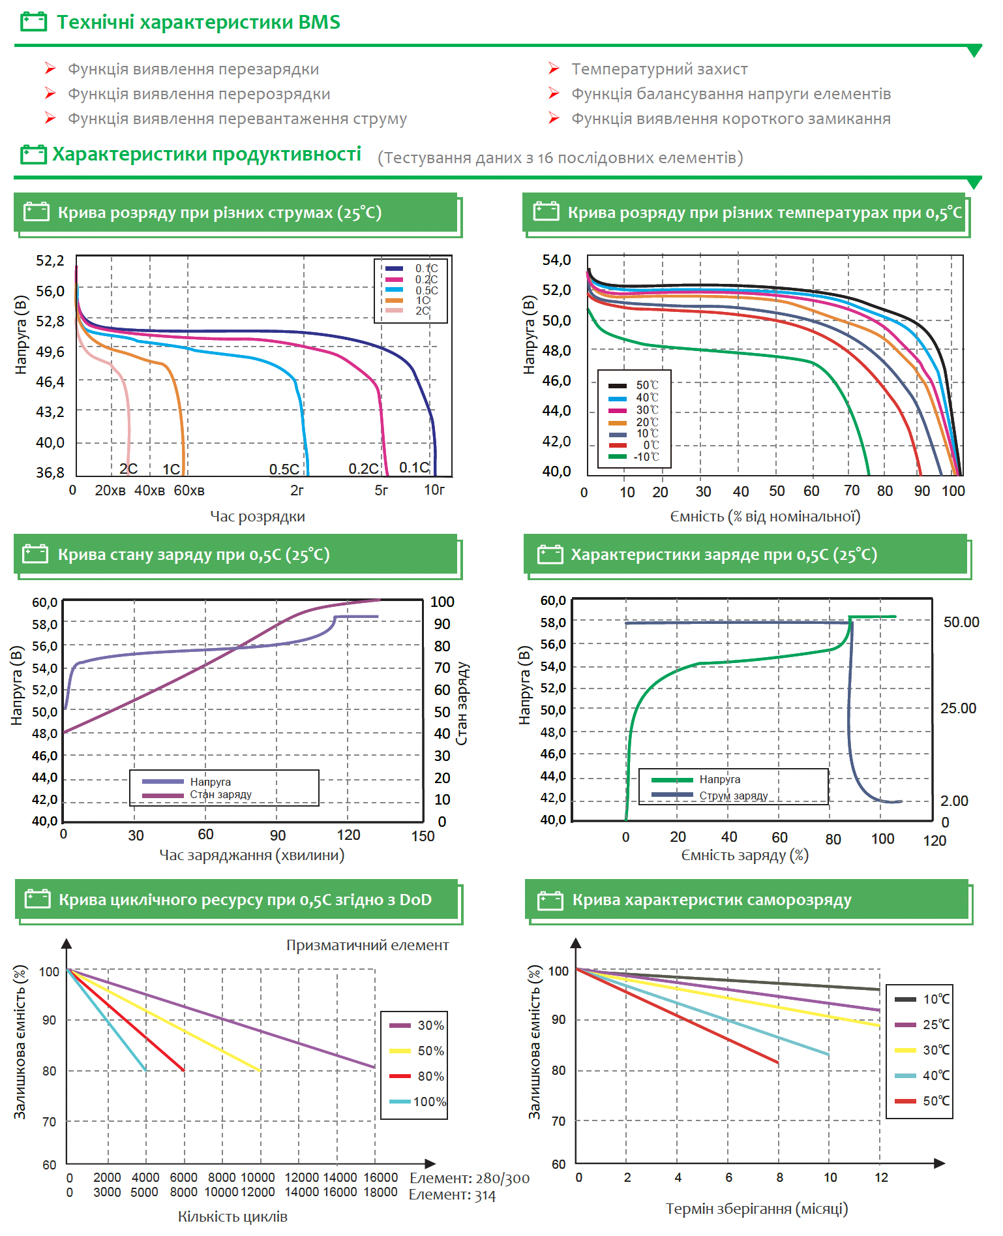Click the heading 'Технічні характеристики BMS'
coord(198,22)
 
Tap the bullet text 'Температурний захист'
coord(659,69)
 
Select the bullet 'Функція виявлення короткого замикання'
coord(730,119)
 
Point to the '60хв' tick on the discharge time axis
coord(189,490)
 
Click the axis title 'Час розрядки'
coord(258,516)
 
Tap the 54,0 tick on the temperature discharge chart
coord(556,260)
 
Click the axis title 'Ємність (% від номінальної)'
coord(765,516)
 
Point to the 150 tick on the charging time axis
coord(423,836)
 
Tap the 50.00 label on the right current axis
coord(961,622)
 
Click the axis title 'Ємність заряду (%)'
coord(745,856)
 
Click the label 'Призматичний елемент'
coord(367,945)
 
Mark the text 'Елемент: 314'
coord(452,1195)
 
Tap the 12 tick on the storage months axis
coord(881,1177)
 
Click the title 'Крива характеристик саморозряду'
coord(711,900)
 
